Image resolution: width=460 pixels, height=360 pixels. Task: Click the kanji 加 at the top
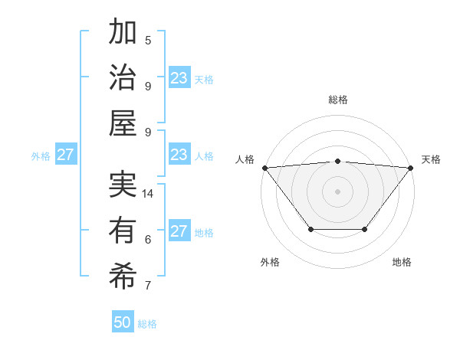(x=123, y=33)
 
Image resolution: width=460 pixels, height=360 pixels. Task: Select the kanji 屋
(x=123, y=123)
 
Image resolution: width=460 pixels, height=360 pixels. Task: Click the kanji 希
(x=123, y=275)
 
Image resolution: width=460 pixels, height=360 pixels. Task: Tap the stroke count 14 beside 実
(x=149, y=194)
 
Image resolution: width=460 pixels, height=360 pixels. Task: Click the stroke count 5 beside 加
(x=148, y=41)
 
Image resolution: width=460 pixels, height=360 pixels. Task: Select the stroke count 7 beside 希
(x=148, y=286)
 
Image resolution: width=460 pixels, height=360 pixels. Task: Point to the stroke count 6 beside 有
(x=148, y=240)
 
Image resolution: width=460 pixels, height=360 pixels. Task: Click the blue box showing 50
(x=123, y=322)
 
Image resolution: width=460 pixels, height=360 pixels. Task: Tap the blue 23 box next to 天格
(x=179, y=78)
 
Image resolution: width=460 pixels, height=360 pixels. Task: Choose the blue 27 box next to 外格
(x=66, y=155)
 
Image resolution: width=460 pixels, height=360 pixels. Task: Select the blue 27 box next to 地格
(x=179, y=231)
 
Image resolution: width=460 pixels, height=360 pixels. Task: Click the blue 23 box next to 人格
(x=179, y=155)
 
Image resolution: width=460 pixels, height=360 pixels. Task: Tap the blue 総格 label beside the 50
(x=148, y=324)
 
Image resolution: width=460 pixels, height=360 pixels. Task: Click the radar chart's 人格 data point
(x=264, y=168)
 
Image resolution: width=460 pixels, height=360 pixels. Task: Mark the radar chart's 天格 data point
(x=411, y=168)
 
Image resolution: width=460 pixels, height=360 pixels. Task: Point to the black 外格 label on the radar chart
(x=270, y=262)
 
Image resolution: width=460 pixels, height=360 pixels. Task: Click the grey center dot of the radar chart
(x=337, y=191)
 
